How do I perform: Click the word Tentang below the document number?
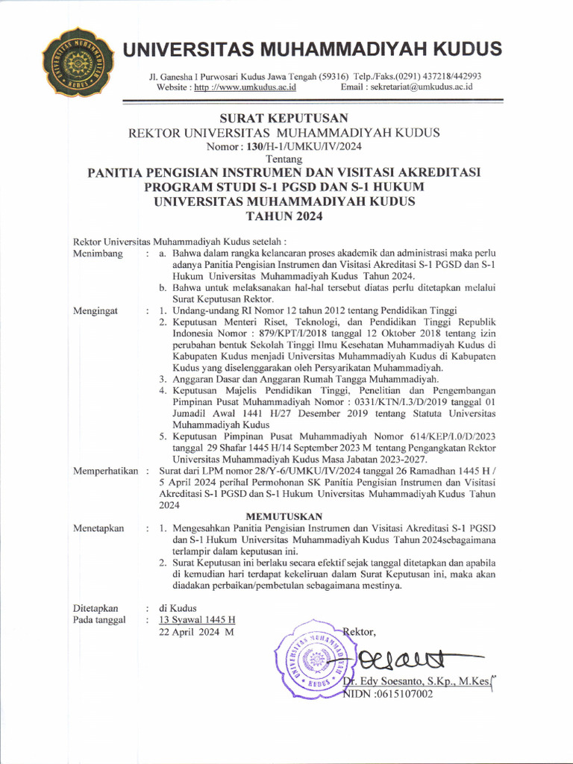tap(284, 159)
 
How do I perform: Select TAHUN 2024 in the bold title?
tap(284, 216)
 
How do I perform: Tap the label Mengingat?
tap(96, 310)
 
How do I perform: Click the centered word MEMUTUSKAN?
tap(284, 516)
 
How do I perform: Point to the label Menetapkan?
tap(99, 528)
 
